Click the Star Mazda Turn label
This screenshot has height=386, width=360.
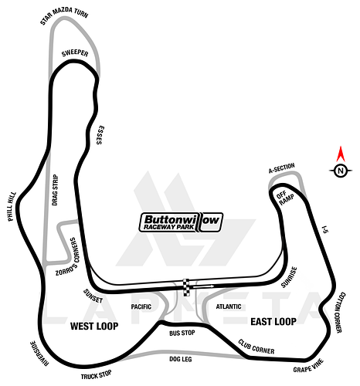coord(64,15)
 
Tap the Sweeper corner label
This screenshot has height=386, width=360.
coord(75,53)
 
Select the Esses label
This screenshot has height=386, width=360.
coord(100,135)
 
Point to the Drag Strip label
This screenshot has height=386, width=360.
coord(55,190)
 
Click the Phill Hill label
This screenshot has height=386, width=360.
coord(12,207)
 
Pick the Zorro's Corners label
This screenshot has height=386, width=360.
coord(67,256)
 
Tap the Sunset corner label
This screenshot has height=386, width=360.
coord(93,296)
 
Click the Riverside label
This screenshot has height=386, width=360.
coord(39,354)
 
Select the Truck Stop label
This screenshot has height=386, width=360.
coord(96,374)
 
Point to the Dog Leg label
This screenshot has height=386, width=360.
coord(181,359)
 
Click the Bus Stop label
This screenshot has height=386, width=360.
coord(182,333)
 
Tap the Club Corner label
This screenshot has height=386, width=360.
coord(256,347)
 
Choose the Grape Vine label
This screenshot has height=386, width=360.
coord(308,365)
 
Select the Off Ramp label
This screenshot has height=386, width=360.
coord(284,198)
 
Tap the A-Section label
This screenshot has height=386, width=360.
coord(281,168)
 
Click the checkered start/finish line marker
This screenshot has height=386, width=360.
coord(186,287)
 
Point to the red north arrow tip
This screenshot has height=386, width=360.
coord(341,147)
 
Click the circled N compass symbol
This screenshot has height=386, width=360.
coord(341,171)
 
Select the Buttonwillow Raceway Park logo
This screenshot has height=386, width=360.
coord(181,222)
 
